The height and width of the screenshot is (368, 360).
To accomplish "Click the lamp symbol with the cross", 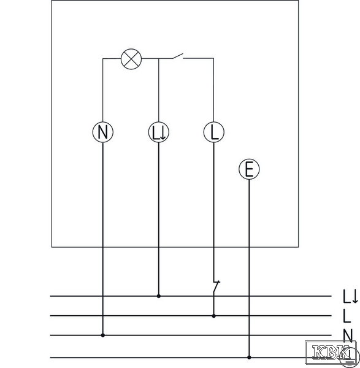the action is coord(131,59).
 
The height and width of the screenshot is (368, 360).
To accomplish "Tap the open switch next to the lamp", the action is coord(178,56).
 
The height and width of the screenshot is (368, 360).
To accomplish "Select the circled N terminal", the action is coord(103,132).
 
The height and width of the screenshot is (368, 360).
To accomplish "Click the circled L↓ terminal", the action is coord(159,132).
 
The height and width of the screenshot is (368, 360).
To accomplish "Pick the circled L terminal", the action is coord(213,132).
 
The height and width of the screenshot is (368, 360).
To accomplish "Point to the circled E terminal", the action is coord(249,169).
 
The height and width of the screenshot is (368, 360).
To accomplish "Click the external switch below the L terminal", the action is coord(216,287).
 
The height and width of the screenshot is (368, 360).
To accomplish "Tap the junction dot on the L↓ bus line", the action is coord(159,296).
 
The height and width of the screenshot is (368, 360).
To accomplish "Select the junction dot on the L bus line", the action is coord(213,316).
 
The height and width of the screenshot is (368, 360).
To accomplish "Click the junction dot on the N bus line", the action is coord(103,335).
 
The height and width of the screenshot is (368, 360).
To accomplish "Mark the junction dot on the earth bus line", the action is coord(249,358).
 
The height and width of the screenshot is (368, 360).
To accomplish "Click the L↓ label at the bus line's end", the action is coord(351,296).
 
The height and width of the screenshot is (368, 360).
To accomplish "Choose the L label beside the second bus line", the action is coord(347,316).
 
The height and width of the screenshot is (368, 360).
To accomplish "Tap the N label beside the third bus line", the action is coord(348,335).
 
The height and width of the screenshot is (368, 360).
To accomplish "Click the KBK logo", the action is coord(331,352).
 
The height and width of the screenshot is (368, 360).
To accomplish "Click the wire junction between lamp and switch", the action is coord(159,58).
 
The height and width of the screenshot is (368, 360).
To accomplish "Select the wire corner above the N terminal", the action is coord(103,58).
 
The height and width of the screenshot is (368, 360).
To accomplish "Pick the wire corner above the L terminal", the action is coord(213,58).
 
